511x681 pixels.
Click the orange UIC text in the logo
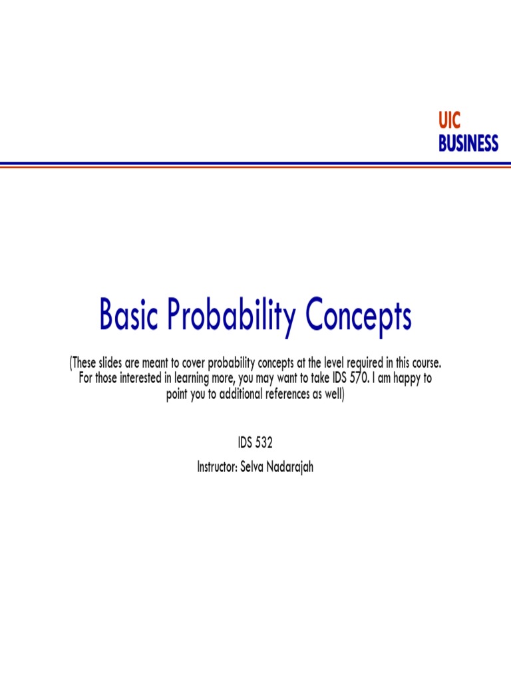tap(450, 122)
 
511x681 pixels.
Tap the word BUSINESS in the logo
tap(468, 143)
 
